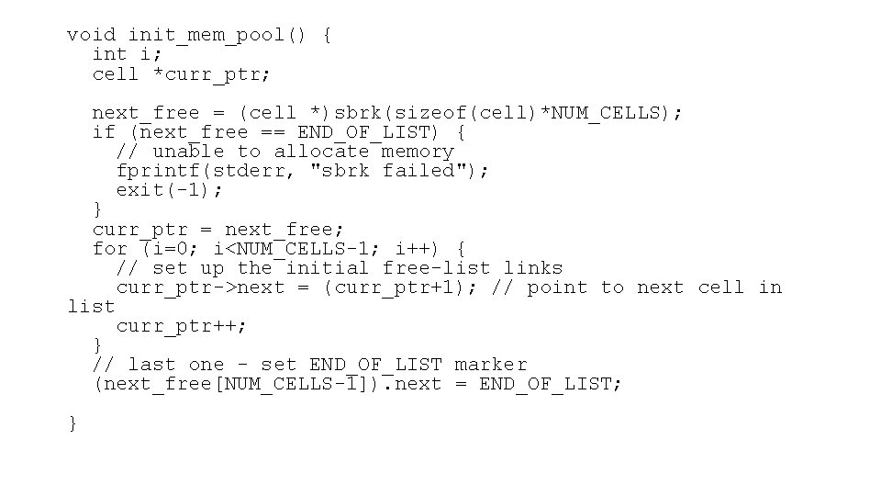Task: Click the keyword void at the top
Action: pos(91,36)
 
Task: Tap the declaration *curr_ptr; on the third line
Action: pos(212,74)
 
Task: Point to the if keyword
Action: pos(104,132)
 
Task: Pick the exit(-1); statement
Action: pos(170,190)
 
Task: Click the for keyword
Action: pos(110,248)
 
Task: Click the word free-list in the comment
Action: pos(437,267)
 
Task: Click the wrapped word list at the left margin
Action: pos(91,307)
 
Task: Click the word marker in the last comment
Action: pos(491,365)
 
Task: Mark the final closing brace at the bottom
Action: pos(72,423)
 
